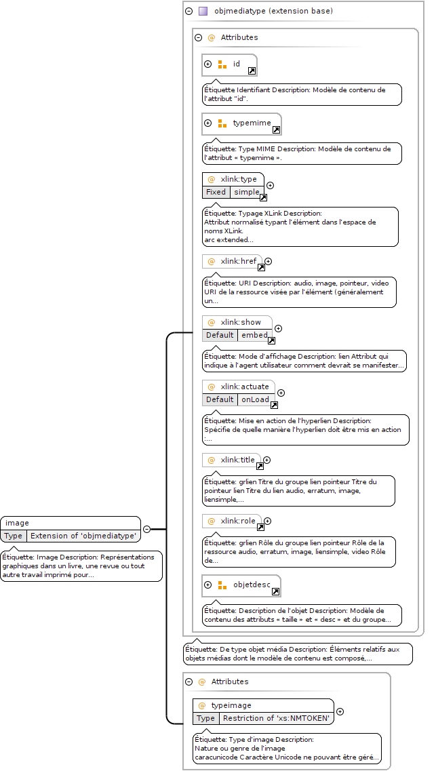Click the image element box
71,529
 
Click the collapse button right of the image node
147,530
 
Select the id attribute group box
230,65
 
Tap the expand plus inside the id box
208,64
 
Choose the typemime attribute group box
242,124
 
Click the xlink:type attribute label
239,179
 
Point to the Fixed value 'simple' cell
247,193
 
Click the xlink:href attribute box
232,262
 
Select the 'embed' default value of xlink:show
255,336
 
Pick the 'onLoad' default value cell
255,400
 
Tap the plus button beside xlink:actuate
281,393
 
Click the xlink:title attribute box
231,460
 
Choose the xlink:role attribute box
232,521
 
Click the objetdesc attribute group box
241,586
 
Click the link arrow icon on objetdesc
276,592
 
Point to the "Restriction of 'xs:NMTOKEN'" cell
276,718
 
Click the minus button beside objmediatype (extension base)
189,12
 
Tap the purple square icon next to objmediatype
203,12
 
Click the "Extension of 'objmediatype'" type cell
83,536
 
